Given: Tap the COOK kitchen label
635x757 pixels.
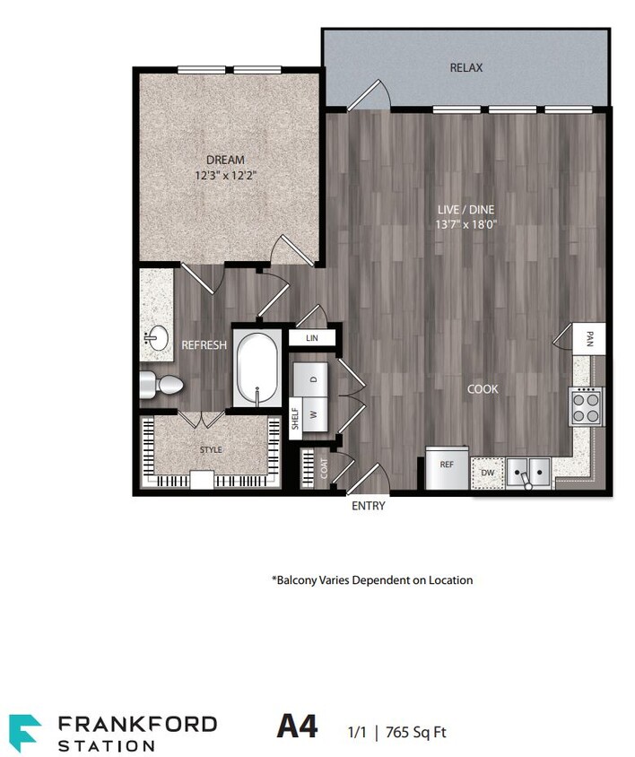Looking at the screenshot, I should pyautogui.click(x=483, y=389).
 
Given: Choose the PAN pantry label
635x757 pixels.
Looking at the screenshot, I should pyautogui.click(x=589, y=338).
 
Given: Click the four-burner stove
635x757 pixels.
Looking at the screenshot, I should pyautogui.click(x=587, y=406).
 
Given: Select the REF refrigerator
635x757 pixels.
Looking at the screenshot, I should pyautogui.click(x=446, y=466).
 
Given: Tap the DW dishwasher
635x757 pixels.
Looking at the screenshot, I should pyautogui.click(x=487, y=472).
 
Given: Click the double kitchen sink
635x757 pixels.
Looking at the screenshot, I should pyautogui.click(x=527, y=471).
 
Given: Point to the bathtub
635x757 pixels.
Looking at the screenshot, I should pyautogui.click(x=257, y=370).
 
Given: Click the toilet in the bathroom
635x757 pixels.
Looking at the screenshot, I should pyautogui.click(x=161, y=386).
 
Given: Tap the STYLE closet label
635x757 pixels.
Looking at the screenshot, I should pyautogui.click(x=211, y=449).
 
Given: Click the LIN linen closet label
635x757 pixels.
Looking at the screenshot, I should pyautogui.click(x=312, y=339).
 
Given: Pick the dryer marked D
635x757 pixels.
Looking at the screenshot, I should pyautogui.click(x=314, y=378).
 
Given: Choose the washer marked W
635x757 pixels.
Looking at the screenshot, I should pyautogui.click(x=314, y=414).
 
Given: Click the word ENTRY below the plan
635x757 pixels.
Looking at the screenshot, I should pyautogui.click(x=368, y=506).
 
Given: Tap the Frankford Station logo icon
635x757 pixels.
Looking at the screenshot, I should pyautogui.click(x=24, y=731).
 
